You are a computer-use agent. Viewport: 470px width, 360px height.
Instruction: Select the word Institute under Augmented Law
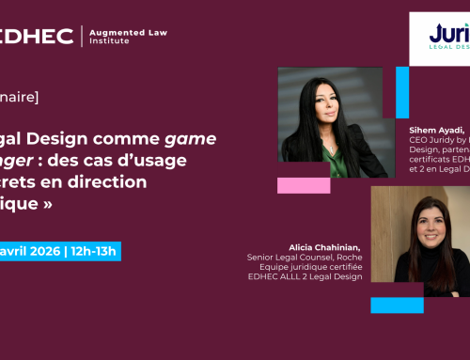(x=105, y=42)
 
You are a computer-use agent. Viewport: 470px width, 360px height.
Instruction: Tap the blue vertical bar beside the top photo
(x=401, y=93)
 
